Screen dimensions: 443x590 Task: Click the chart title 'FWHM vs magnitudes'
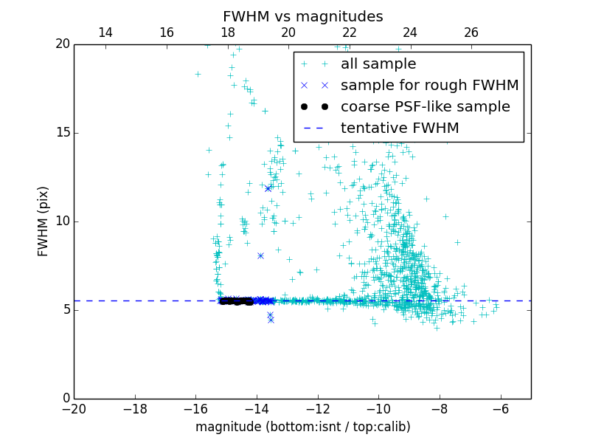(302, 16)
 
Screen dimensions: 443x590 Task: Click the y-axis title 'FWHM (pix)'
(44, 221)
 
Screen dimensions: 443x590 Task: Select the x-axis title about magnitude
(302, 427)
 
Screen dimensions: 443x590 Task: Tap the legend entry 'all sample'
(378, 64)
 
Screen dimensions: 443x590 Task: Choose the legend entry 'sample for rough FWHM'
(429, 86)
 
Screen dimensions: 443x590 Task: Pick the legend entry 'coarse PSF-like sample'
(425, 107)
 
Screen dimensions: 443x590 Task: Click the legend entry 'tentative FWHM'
(400, 128)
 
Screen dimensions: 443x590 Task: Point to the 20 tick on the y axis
(62, 44)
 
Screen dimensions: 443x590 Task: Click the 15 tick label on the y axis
(62, 133)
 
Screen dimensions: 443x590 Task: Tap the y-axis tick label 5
(66, 310)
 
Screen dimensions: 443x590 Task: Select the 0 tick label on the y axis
(66, 399)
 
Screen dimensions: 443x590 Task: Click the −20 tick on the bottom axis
(74, 410)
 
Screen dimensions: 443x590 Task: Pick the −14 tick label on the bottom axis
(257, 410)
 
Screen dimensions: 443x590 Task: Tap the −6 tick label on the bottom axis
(500, 410)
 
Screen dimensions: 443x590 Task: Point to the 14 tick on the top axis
(105, 32)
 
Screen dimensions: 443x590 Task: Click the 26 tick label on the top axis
(471, 32)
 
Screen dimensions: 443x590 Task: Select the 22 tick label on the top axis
(350, 32)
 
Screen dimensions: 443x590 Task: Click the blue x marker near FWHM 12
(268, 188)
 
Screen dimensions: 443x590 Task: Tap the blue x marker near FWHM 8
(260, 255)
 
